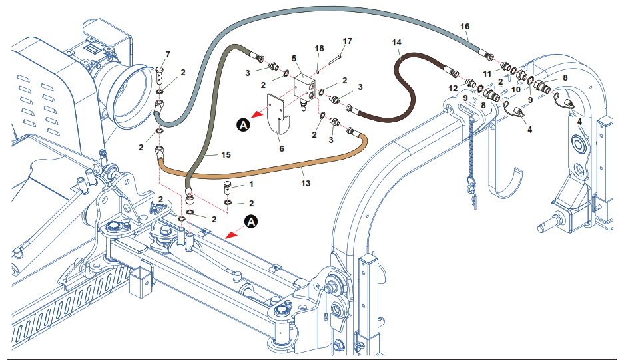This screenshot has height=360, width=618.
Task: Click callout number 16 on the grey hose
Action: pos(465,26)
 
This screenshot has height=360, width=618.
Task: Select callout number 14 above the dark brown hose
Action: pos(397,43)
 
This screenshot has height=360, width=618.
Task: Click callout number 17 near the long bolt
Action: pos(347,41)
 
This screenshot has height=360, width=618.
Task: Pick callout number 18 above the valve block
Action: pos(319,49)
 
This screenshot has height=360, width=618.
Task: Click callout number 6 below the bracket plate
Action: pos(282,149)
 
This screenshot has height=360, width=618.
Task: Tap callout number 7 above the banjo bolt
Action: pos(167,53)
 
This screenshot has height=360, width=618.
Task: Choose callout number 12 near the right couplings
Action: pos(452,87)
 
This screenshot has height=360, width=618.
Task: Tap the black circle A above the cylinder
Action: pos(251,222)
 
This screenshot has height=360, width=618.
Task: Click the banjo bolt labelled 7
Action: pos(160,69)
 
